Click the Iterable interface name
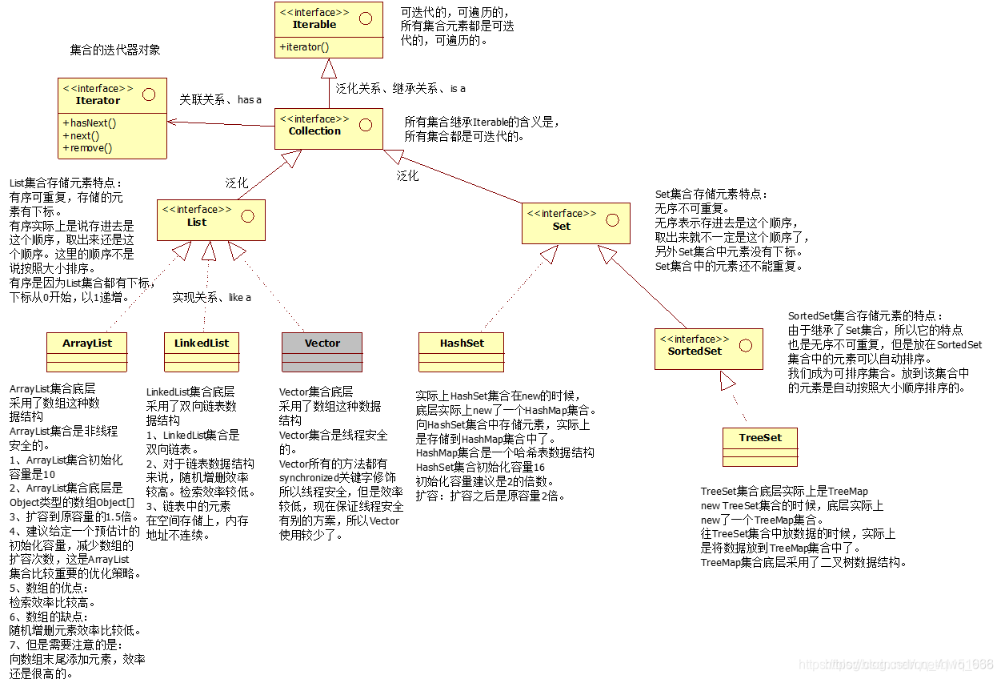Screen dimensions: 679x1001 pyautogui.click(x=314, y=25)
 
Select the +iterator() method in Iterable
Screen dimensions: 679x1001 pyautogui.click(x=304, y=47)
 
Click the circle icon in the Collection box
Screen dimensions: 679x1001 pyautogui.click(x=365, y=124)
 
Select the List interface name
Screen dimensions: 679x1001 pyautogui.click(x=197, y=223)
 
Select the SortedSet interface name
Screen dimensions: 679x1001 pyautogui.click(x=695, y=352)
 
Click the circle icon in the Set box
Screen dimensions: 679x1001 pyautogui.click(x=612, y=219)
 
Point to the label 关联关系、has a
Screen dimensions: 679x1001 pyautogui.click(x=221, y=99)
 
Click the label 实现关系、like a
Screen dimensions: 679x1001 pyautogui.click(x=212, y=297)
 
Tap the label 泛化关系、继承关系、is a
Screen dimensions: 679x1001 pyautogui.click(x=400, y=88)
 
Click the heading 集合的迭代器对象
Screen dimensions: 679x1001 pyautogui.click(x=115, y=50)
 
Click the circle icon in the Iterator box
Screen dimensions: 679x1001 pyautogui.click(x=148, y=94)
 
